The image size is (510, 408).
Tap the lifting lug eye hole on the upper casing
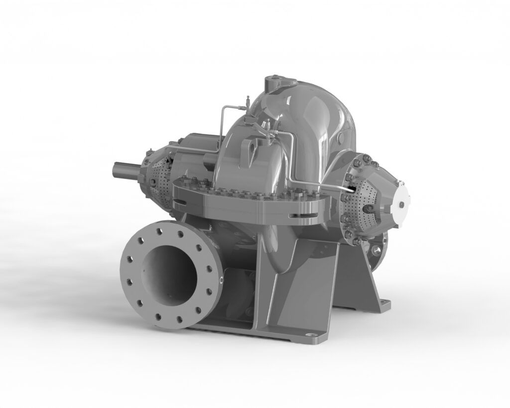pos(253,146)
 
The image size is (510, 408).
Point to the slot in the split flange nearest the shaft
pos(180,202)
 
